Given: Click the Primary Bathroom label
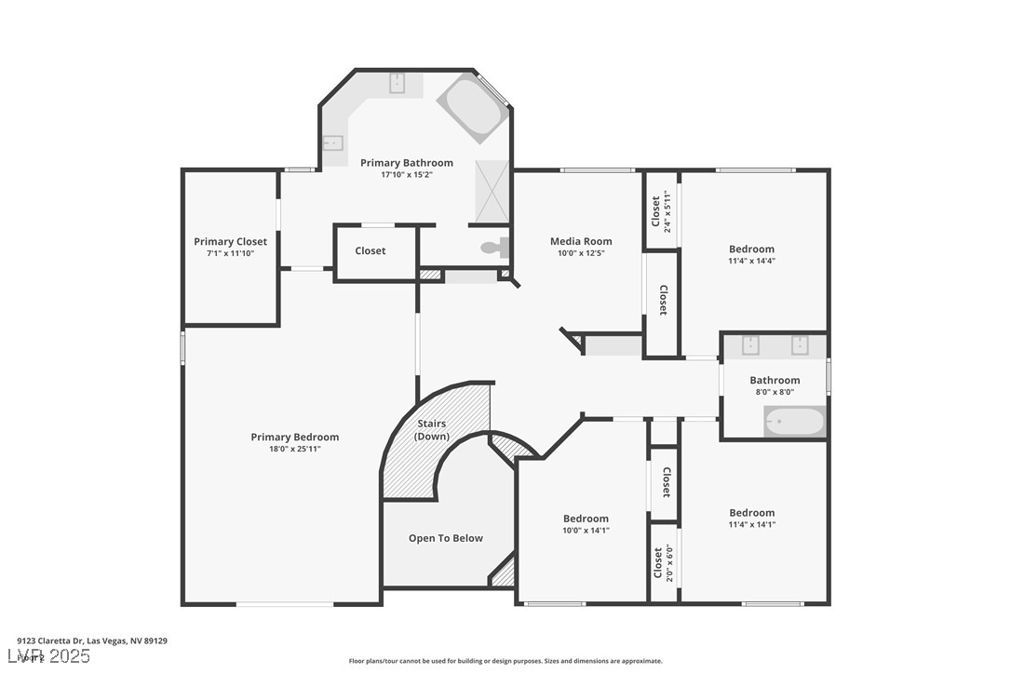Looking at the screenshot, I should click(x=407, y=163).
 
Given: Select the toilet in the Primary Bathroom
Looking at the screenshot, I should click(x=494, y=249).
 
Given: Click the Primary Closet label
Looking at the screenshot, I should click(x=230, y=242).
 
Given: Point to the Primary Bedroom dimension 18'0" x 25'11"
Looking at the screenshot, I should click(x=294, y=449).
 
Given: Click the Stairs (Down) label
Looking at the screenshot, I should click(x=432, y=430).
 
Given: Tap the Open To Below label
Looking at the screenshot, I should click(x=446, y=538).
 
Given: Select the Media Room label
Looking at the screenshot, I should click(x=581, y=241).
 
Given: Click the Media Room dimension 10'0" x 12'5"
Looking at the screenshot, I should click(x=581, y=253).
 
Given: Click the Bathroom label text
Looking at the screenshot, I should click(x=775, y=380).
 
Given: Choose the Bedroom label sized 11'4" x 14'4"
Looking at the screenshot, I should click(x=751, y=249).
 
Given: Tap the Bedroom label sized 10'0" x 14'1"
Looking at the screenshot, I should click(x=586, y=519).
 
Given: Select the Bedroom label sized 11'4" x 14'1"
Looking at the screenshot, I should click(x=751, y=513).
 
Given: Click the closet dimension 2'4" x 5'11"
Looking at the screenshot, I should click(x=667, y=210).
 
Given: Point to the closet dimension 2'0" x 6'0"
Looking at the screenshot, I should click(x=667, y=562).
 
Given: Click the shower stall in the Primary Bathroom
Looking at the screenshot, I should click(x=492, y=191).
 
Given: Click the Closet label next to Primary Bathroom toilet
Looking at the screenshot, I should click(x=370, y=250).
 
